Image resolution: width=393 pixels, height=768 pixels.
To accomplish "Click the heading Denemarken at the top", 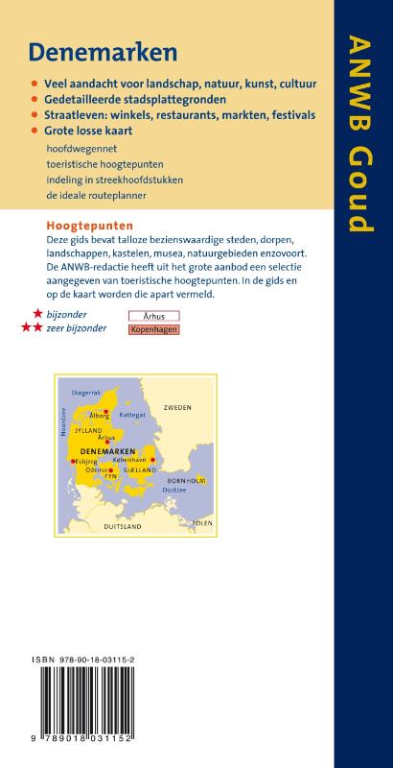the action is (x=93, y=51).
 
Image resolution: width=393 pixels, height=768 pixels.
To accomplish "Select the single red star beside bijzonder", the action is (x=36, y=314).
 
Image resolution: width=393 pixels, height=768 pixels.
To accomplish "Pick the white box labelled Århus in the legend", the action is (x=153, y=315).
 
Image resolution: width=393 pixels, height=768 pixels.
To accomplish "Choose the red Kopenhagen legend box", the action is (x=153, y=329).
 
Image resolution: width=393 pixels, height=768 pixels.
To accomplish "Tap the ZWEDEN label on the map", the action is (x=177, y=408).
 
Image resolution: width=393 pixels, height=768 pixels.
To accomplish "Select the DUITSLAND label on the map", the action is (x=122, y=527).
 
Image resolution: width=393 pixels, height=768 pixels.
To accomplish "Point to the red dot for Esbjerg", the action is (x=73, y=461).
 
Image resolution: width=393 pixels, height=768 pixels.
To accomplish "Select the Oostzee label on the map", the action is (x=173, y=491).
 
